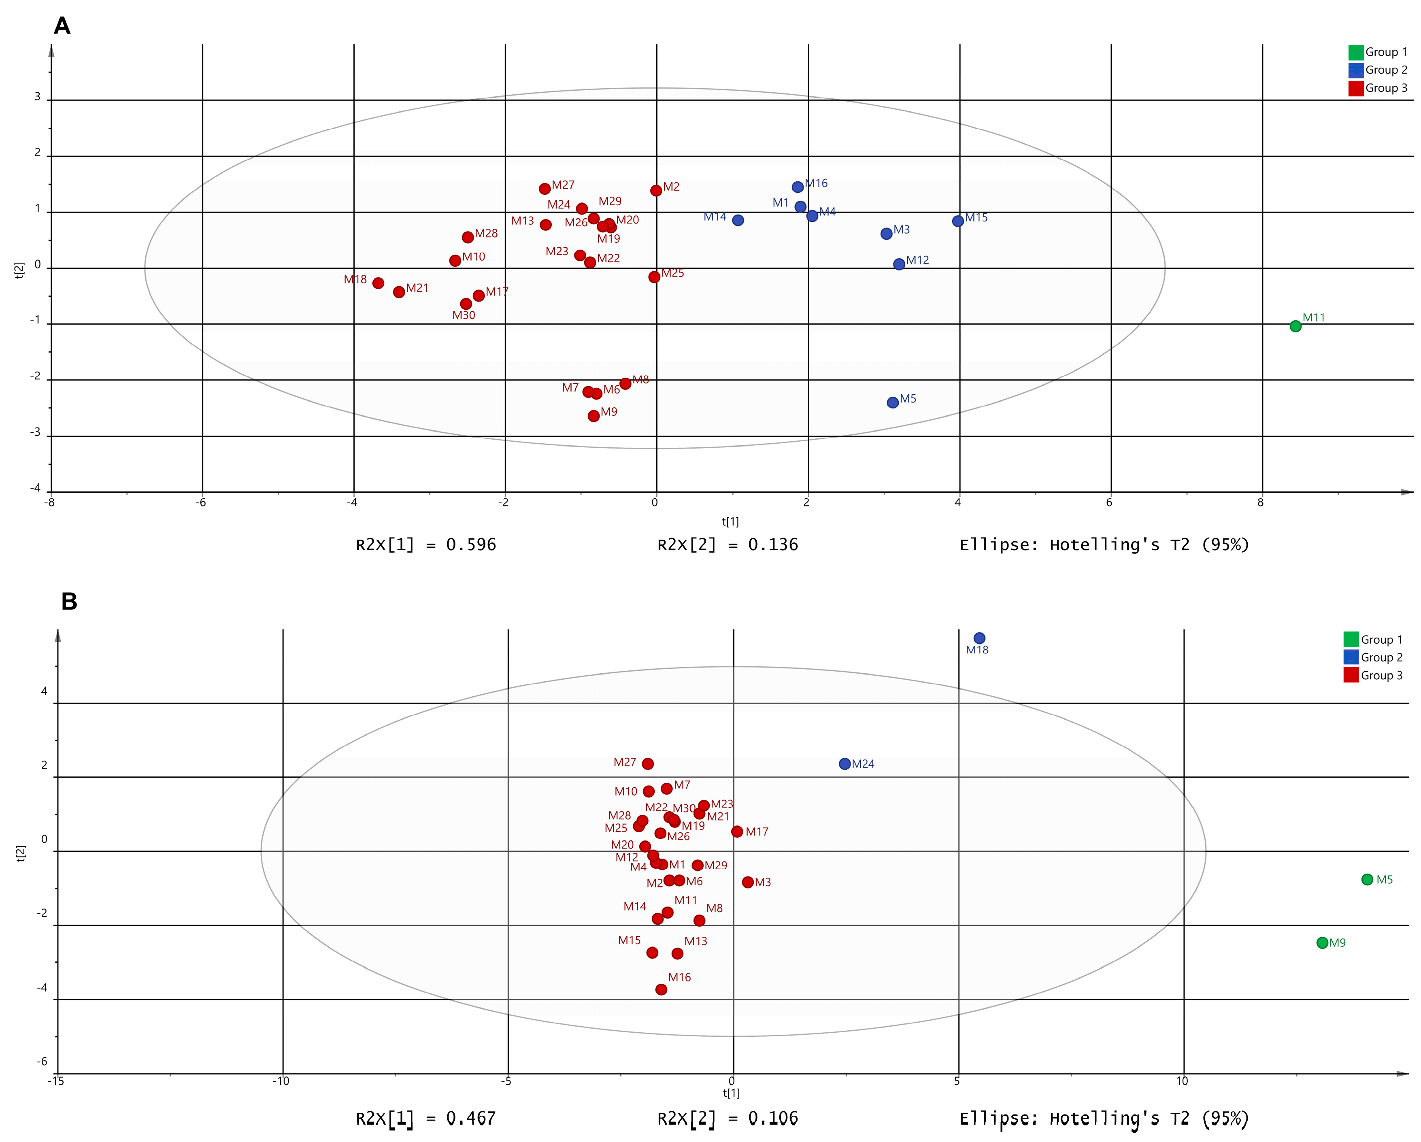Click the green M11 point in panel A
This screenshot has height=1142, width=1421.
(x=1295, y=326)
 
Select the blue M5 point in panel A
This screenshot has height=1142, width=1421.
(x=892, y=403)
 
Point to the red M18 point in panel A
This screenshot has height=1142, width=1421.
(x=378, y=283)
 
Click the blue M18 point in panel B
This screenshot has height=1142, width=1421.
(x=979, y=638)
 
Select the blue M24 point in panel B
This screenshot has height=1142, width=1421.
(x=844, y=764)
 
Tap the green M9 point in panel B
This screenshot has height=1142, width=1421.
(x=1322, y=943)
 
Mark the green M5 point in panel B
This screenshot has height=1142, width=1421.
(x=1367, y=880)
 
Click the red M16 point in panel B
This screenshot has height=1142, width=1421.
(x=661, y=990)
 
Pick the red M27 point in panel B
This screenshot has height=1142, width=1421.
(x=648, y=764)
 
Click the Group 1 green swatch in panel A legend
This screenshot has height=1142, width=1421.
(x=1356, y=52)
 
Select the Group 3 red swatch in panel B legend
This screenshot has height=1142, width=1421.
(x=1351, y=676)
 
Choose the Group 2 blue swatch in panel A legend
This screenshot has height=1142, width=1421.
(x=1356, y=70)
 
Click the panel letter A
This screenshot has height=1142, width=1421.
(x=62, y=26)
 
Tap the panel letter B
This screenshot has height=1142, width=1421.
(x=69, y=602)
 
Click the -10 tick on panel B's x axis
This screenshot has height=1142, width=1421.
(x=281, y=1081)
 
